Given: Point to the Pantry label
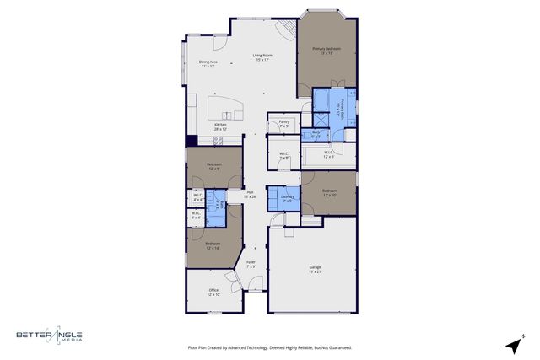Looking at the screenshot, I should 284,124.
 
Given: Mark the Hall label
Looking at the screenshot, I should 251,194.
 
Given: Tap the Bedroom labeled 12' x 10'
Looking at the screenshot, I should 329,193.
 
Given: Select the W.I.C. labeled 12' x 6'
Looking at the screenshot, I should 329,154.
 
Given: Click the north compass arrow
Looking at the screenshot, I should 513,345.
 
